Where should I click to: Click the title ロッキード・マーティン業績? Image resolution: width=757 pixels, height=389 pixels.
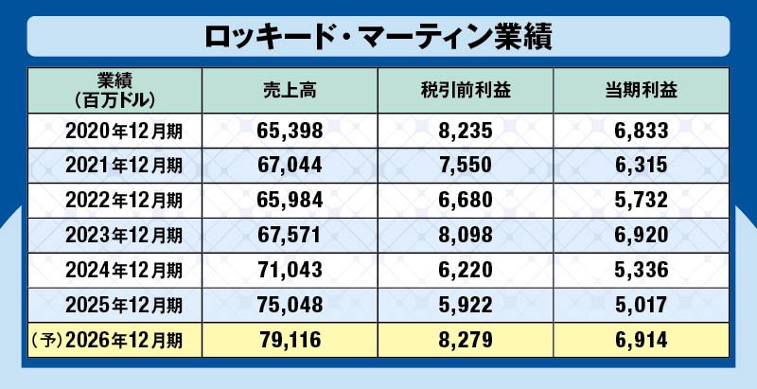click(x=378, y=37)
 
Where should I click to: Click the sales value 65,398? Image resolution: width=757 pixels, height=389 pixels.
click(x=290, y=130)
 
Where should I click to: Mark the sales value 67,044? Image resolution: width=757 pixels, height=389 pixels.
click(x=290, y=165)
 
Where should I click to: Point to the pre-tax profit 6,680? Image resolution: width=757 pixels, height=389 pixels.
click(x=466, y=200)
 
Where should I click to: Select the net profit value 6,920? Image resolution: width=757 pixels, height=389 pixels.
click(x=642, y=235)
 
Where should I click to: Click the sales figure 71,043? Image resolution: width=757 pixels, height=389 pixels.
click(x=290, y=270)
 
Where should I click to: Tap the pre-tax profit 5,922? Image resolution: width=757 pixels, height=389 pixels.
click(x=466, y=305)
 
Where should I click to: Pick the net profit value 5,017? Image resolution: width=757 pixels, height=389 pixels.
click(x=642, y=305)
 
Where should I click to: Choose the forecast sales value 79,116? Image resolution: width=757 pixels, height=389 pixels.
click(x=290, y=339)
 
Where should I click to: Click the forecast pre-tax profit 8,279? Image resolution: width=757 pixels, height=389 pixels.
click(x=466, y=339)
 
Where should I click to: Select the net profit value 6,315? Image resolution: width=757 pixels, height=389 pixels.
click(x=642, y=165)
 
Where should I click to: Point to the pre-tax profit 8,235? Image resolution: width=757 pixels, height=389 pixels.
click(x=466, y=130)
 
